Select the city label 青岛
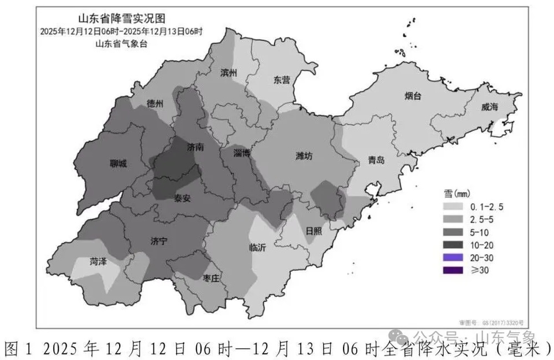tap(376, 161)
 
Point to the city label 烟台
tap(413, 96)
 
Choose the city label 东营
tap(281, 80)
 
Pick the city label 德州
tap(155, 104)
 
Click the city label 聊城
tap(118, 164)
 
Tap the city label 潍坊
tap(304, 156)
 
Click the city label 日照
tap(314, 231)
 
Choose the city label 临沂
tap(258, 248)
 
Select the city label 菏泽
tap(98, 262)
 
